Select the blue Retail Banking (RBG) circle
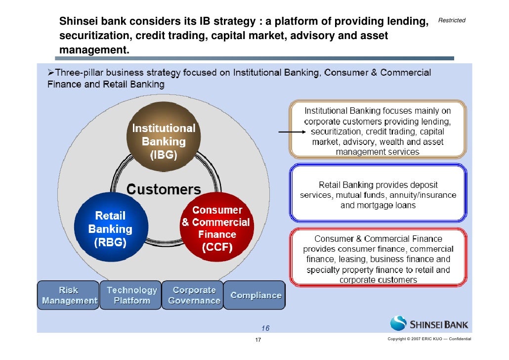click(110, 229)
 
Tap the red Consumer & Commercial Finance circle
click(216, 228)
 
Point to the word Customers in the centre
click(164, 189)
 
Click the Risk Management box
click(69, 295)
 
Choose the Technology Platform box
click(131, 295)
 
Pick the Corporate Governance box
click(194, 295)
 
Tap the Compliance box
click(255, 296)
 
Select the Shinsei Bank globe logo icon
click(398, 324)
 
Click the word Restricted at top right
click(452, 20)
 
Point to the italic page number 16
click(265, 328)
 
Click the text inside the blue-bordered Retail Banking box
click(378, 195)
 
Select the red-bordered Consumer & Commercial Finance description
click(378, 258)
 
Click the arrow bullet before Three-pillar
click(50, 73)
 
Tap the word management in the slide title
click(91, 50)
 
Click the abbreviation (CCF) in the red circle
click(216, 247)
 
